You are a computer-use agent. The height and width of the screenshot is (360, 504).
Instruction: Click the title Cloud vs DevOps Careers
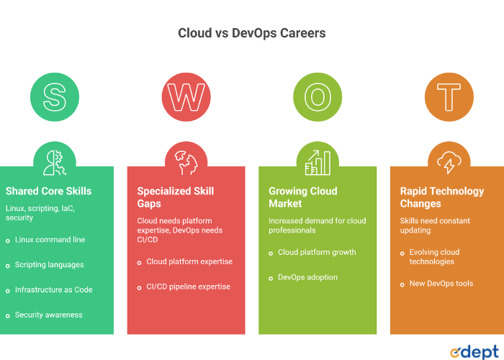click(x=251, y=33)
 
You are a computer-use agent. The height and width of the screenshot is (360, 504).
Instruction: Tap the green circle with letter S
click(x=55, y=96)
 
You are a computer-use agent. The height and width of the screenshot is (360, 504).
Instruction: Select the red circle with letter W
click(x=186, y=96)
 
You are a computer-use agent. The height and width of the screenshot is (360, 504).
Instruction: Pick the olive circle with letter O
click(x=318, y=96)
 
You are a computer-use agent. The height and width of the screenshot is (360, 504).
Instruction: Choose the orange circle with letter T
click(x=449, y=96)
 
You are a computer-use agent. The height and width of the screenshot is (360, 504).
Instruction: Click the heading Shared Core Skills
click(x=48, y=192)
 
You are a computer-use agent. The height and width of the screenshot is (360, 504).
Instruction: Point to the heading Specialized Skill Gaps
click(x=175, y=197)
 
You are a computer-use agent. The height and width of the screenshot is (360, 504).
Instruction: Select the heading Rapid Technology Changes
click(x=441, y=197)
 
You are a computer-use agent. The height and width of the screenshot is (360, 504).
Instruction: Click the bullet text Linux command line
click(x=49, y=240)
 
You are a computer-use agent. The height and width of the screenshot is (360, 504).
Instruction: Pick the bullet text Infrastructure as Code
click(x=53, y=290)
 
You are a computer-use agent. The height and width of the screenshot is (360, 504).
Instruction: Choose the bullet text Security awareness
click(x=48, y=315)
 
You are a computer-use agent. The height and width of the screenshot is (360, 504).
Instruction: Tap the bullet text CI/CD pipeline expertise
click(x=188, y=287)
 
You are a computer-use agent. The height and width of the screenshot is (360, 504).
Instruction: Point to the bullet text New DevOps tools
click(x=441, y=284)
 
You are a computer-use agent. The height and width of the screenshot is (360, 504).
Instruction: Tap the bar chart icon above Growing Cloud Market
click(x=318, y=163)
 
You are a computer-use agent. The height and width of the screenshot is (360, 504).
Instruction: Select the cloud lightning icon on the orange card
click(x=449, y=163)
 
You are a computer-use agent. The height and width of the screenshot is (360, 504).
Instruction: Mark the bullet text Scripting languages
click(x=49, y=265)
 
